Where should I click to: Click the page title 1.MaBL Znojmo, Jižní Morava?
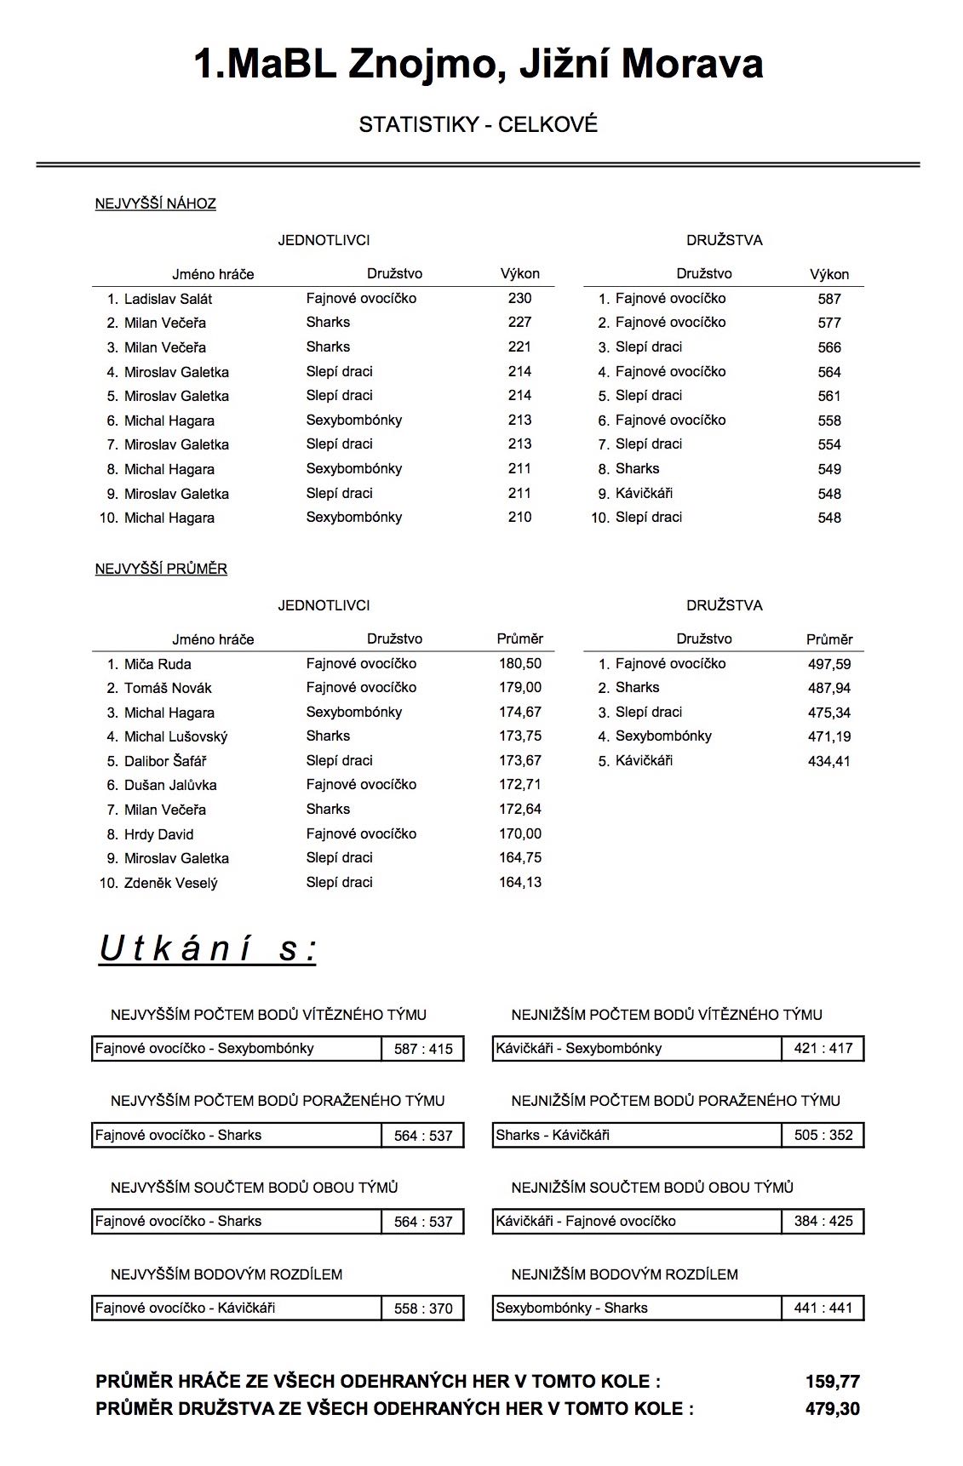click(x=478, y=65)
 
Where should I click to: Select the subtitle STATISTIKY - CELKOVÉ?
click(x=478, y=124)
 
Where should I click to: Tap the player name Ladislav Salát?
click(x=168, y=299)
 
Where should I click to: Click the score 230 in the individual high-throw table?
click(x=519, y=298)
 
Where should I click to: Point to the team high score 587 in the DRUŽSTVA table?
click(x=828, y=299)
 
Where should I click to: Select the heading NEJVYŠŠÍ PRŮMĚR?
click(x=161, y=569)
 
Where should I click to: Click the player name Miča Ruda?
click(x=158, y=664)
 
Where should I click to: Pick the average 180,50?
click(x=519, y=663)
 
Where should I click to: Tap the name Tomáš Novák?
click(x=168, y=688)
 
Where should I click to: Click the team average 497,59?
click(x=828, y=664)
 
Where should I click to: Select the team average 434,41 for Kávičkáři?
click(x=828, y=761)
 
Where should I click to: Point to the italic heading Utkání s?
click(x=208, y=948)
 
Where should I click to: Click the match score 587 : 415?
click(x=423, y=1049)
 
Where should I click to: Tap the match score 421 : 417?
click(x=823, y=1048)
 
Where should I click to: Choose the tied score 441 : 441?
click(x=823, y=1308)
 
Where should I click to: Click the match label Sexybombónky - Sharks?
click(x=571, y=1308)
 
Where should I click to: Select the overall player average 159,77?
click(x=832, y=1382)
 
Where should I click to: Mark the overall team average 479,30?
click(x=832, y=1409)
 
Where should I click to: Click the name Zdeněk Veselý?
click(x=170, y=883)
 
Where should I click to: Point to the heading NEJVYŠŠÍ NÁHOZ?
click(x=155, y=203)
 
